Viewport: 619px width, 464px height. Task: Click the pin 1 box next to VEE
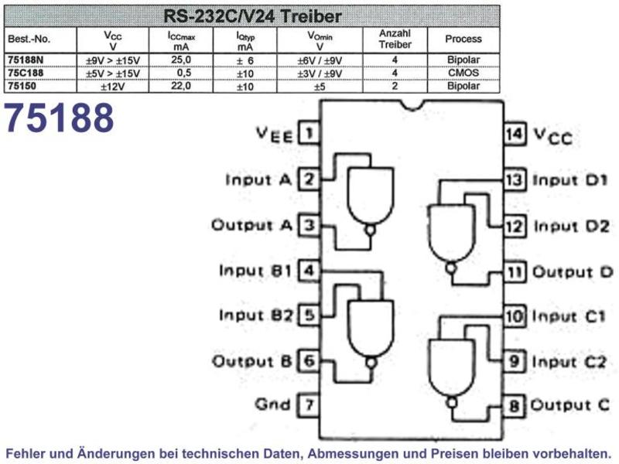click(x=309, y=133)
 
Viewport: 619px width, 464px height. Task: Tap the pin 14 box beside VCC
click(x=515, y=134)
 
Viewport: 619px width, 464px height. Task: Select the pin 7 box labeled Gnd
click(x=309, y=404)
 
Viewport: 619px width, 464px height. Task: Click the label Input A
click(x=258, y=180)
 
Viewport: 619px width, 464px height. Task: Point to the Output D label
click(x=573, y=272)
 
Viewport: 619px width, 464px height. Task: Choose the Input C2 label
click(x=569, y=362)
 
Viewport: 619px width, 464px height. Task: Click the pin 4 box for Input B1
click(x=309, y=271)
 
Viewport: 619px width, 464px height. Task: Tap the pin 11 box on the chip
click(x=515, y=272)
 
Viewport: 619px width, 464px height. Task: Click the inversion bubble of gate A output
click(x=370, y=230)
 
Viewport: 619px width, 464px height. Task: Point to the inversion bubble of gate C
click(x=452, y=403)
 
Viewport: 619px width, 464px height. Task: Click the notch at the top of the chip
click(x=413, y=106)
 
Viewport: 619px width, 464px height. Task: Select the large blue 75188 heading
click(x=60, y=118)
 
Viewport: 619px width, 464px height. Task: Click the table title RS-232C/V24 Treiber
click(x=252, y=16)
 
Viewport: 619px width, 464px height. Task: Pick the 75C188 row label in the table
click(x=26, y=73)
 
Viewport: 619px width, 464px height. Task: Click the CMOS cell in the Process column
click(x=463, y=73)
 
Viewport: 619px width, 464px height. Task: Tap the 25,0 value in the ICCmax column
click(x=181, y=60)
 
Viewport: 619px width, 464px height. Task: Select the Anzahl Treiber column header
click(x=395, y=39)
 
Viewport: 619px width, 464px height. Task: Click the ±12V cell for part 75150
click(x=113, y=87)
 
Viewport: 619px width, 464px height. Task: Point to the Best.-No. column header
click(x=29, y=39)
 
